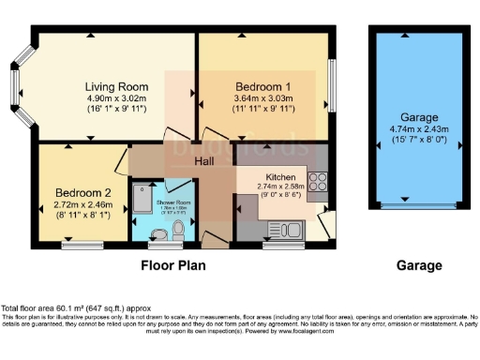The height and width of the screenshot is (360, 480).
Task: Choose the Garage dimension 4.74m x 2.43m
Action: [x=418, y=130]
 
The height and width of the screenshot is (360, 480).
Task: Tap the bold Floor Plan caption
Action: [x=173, y=265]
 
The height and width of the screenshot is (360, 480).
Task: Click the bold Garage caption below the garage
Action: [x=418, y=265]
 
